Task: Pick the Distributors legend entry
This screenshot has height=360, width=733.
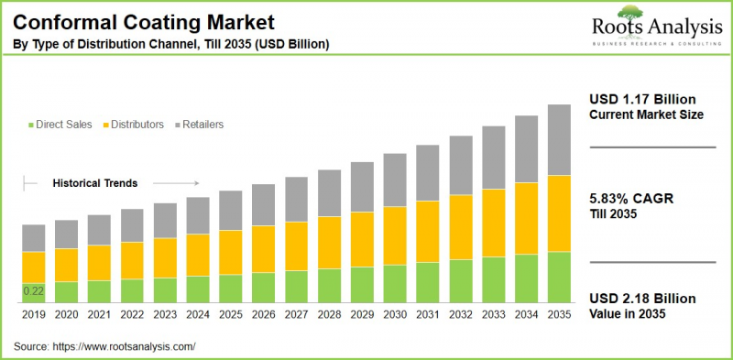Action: [137, 124]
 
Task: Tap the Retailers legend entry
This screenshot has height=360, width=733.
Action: [202, 124]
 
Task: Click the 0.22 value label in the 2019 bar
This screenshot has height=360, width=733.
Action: [33, 291]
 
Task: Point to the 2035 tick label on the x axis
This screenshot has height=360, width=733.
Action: [559, 315]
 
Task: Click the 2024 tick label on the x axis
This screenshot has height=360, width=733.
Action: [198, 315]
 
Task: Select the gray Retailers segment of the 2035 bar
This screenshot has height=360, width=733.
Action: [559, 139]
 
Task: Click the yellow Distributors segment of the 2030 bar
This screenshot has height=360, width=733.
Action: [395, 235]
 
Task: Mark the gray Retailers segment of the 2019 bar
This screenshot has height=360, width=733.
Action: [34, 238]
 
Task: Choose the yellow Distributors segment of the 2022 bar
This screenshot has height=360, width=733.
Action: [132, 260]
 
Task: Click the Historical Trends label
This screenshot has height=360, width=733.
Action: [95, 183]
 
